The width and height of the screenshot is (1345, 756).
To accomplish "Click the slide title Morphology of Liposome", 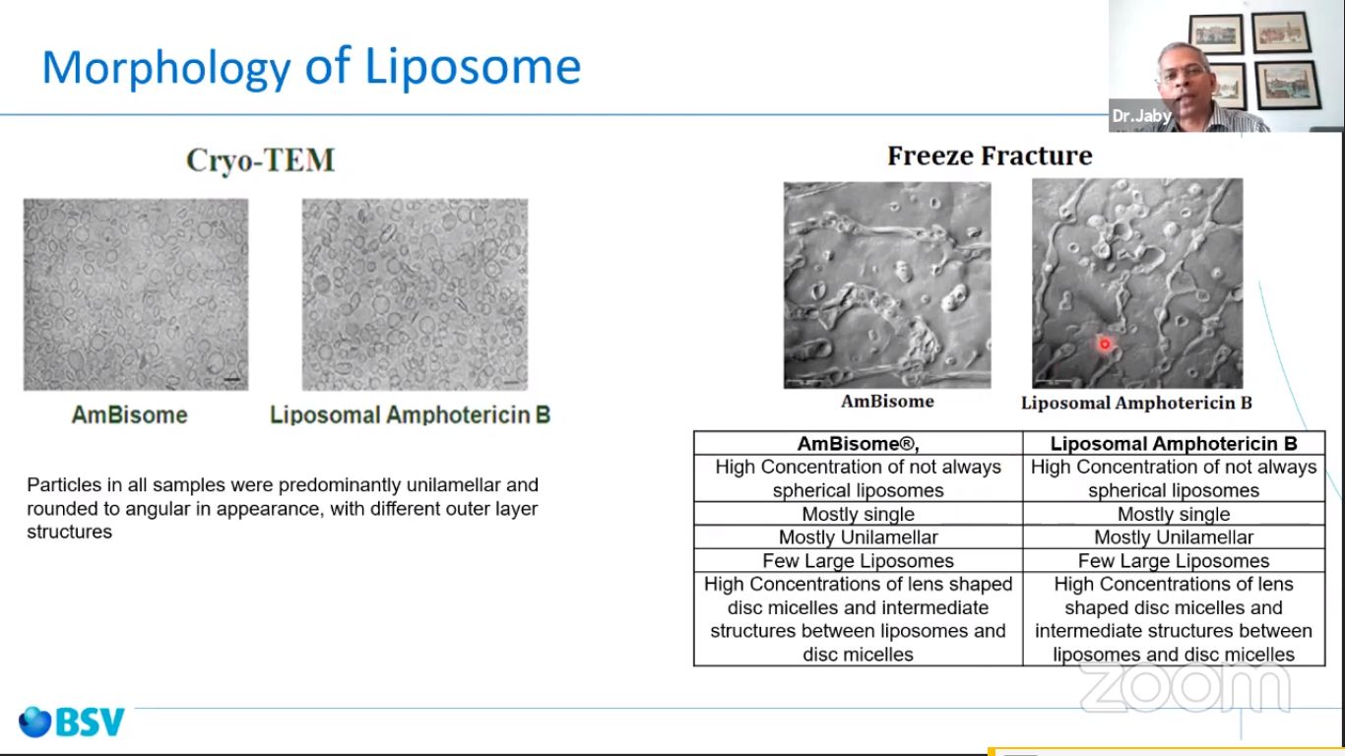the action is point(311,67).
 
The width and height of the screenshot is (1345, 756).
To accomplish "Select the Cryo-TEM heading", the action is point(260,160).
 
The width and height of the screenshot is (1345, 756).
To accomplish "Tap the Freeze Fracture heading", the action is point(990,156).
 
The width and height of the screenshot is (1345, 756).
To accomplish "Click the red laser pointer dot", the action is point(1104,345).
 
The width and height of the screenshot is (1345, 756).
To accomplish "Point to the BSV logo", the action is point(72,722).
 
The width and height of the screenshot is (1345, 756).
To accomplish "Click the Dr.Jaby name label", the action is point(1141,116).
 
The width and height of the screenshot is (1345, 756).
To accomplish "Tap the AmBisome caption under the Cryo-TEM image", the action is point(129,415).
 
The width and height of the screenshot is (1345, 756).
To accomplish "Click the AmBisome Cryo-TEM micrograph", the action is point(136,295).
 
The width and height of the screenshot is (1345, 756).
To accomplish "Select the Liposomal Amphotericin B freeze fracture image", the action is point(1137,283).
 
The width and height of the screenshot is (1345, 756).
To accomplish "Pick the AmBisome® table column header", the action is point(858,444).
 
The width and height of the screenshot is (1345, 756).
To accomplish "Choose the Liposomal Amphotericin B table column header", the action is point(1174,444).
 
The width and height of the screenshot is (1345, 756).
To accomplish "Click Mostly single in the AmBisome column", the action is point(858,514).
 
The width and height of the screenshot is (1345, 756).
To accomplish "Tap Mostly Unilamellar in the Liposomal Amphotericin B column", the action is point(1174,537).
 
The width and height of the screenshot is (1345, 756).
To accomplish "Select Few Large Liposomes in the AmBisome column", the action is point(858,561).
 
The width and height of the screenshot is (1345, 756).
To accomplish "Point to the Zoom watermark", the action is point(1185,687).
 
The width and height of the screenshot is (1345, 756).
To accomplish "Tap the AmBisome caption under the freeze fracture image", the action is point(887,401).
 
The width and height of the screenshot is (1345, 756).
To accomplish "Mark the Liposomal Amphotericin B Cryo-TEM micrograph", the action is point(415,295).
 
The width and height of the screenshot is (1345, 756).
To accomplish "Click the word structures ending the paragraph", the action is point(70,532).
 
